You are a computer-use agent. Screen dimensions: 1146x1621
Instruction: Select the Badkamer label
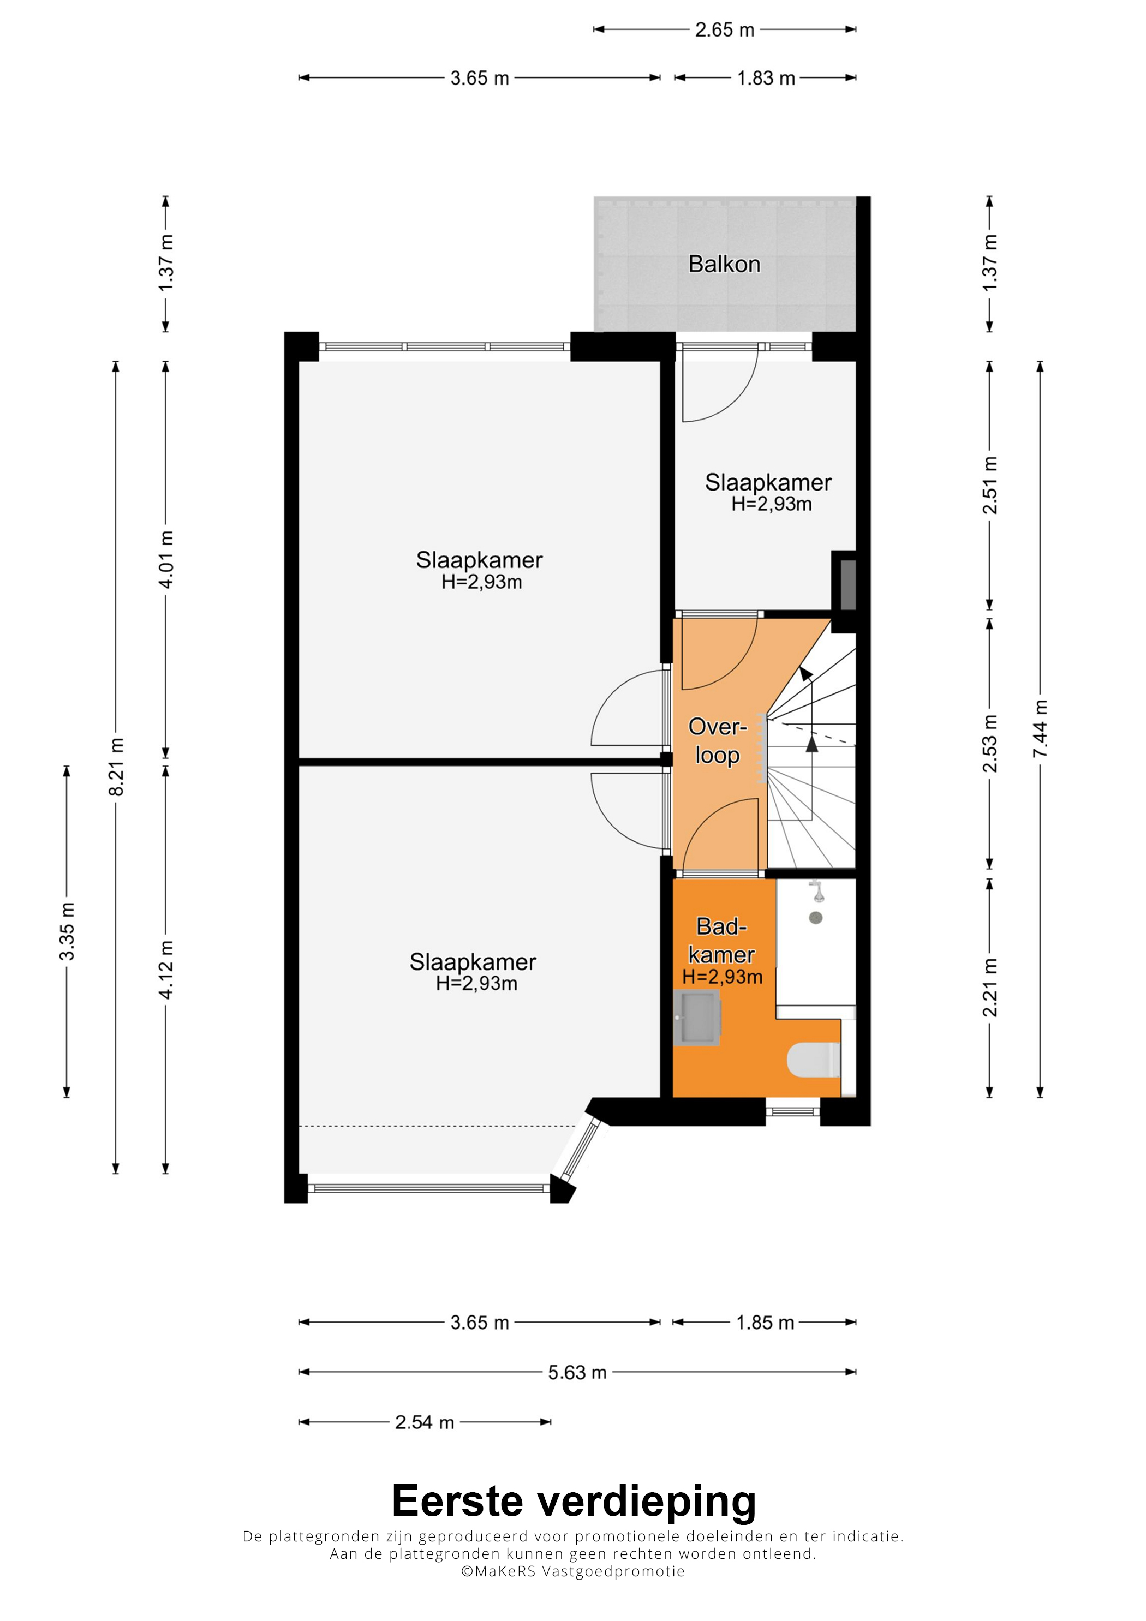pos(721,950)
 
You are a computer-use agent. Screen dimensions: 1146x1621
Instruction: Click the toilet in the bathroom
pos(814,1060)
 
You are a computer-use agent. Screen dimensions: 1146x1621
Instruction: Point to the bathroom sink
pos(696,1018)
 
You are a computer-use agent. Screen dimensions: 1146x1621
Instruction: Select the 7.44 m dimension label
pos(1040,729)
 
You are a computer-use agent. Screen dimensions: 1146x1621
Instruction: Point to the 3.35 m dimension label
pos(67,931)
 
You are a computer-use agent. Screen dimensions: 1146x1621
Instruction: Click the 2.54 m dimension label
pos(425,1422)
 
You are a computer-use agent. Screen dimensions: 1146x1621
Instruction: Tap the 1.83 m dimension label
pos(766,79)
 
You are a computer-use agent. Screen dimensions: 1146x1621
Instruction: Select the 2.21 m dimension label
pos(990,987)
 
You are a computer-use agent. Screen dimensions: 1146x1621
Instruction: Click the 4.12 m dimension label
pos(166,970)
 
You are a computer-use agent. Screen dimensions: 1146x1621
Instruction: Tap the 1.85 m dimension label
pos(766,1323)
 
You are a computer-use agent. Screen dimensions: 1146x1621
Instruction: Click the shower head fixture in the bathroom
pos(817,891)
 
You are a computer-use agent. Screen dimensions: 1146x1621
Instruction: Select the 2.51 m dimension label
pos(990,484)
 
